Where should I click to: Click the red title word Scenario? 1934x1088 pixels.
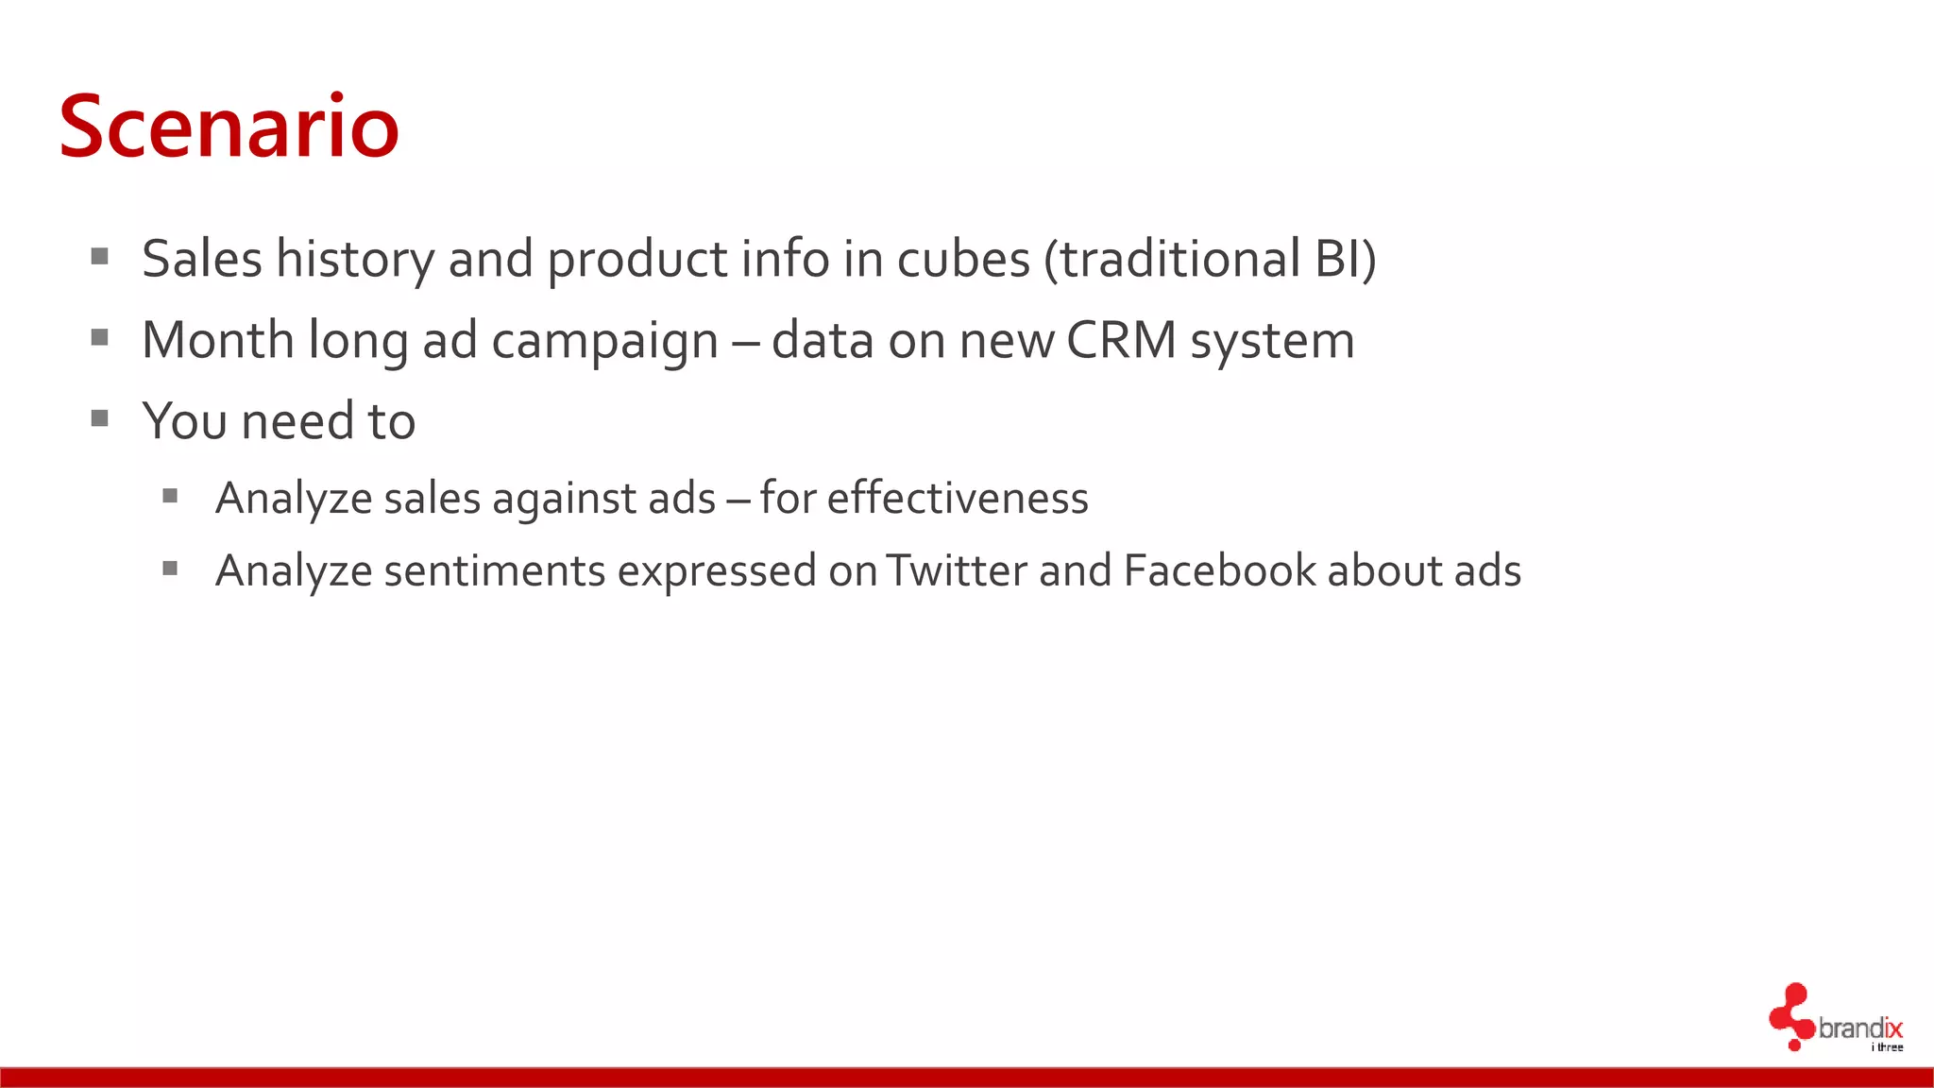pos(229,127)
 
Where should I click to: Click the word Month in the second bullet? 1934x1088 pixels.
pos(218,340)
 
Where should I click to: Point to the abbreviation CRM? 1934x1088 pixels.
pos(1122,340)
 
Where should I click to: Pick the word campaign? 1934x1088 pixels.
pos(605,342)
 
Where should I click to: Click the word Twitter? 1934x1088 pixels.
pos(957,570)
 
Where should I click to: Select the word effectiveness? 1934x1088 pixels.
pos(958,498)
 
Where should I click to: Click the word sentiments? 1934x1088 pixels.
pos(495,570)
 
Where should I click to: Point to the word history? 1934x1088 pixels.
pos(355,259)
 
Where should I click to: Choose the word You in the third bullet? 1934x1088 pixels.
pos(184,421)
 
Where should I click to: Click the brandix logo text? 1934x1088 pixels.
pos(1860,1028)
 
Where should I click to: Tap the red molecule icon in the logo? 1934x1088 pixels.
pos(1790,1016)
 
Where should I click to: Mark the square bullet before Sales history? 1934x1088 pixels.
pos(100,256)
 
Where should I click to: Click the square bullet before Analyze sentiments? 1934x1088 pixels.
pos(170,569)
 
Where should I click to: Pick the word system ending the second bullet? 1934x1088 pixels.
pos(1272,342)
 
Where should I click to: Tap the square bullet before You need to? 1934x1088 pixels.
pos(100,418)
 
